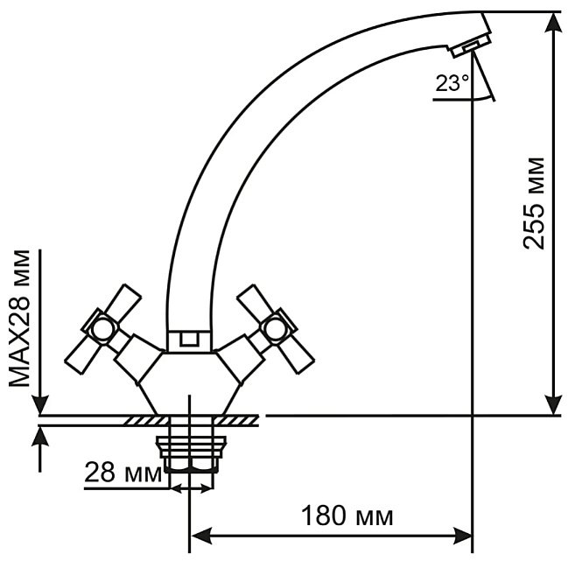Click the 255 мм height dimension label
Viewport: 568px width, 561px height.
click(534, 204)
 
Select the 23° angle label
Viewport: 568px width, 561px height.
click(452, 83)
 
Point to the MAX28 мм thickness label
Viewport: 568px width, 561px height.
click(19, 319)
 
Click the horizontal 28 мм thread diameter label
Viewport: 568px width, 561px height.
click(123, 473)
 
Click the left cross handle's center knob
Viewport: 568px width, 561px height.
click(101, 329)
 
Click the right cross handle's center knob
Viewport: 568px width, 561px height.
click(274, 329)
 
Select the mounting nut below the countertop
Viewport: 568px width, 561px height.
click(191, 454)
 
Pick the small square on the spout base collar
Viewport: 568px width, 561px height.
click(189, 340)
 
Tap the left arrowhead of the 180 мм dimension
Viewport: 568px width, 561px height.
click(202, 536)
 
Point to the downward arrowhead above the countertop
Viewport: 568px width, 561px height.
click(40, 403)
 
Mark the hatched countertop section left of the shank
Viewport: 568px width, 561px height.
click(146, 420)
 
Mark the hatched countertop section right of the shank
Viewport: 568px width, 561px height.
click(235, 420)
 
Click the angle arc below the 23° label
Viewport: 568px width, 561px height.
click(484, 97)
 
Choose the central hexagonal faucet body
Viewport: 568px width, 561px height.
click(189, 383)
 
